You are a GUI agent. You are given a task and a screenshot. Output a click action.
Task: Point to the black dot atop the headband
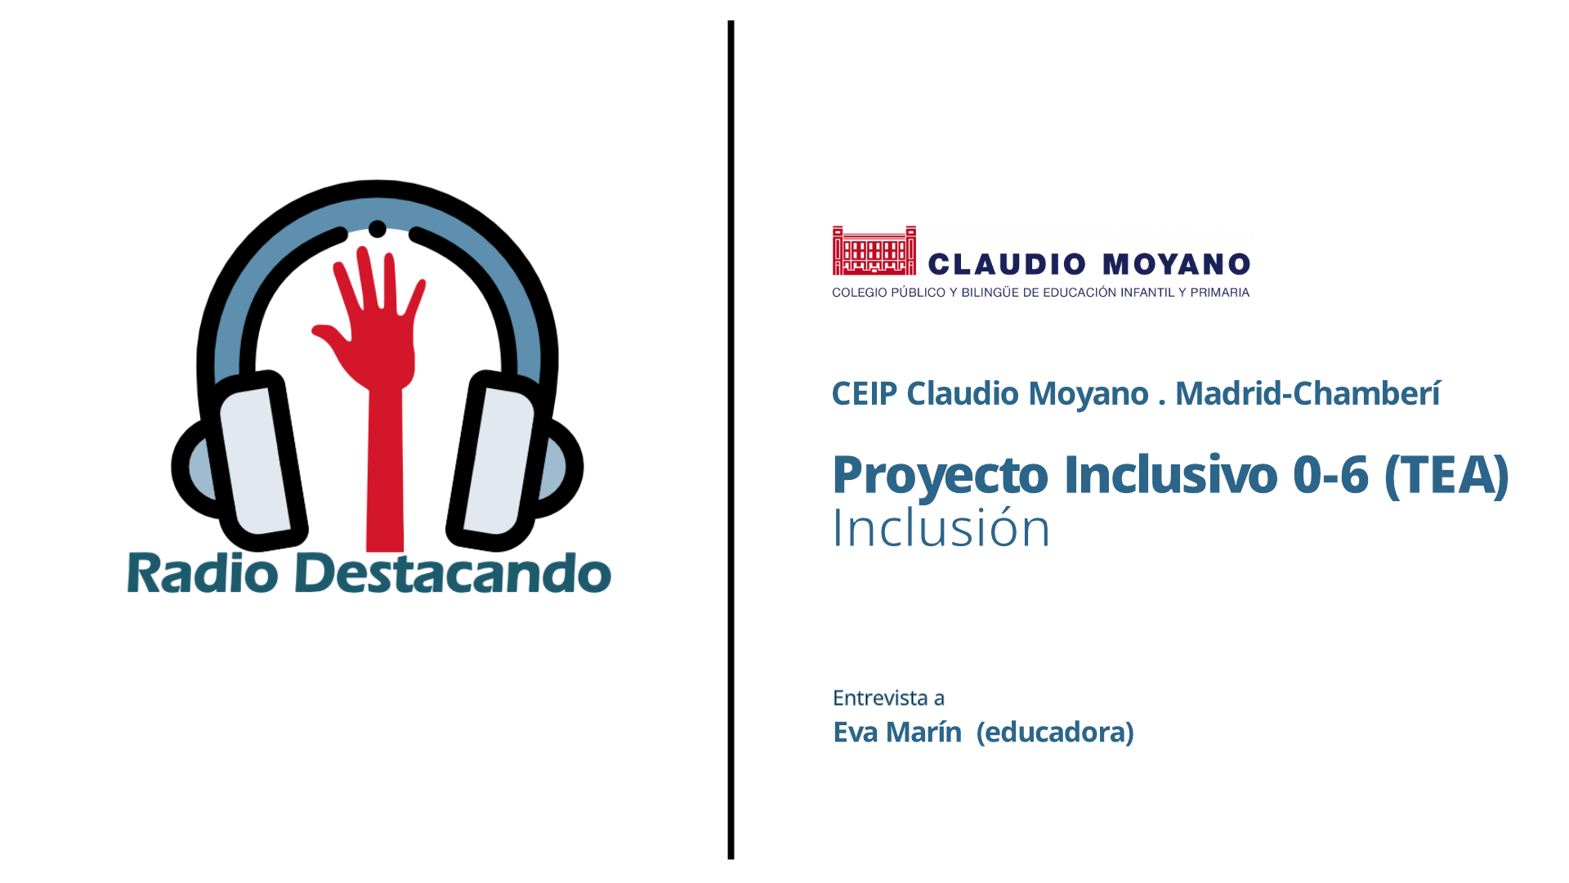(377, 229)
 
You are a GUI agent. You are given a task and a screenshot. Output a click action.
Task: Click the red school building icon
(874, 250)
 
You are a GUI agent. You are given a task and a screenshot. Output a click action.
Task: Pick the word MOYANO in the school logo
(1177, 264)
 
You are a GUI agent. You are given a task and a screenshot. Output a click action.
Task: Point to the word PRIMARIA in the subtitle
(1219, 293)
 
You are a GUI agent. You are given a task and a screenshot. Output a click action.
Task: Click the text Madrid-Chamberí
(1307, 393)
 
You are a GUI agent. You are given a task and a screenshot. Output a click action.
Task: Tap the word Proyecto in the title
(940, 476)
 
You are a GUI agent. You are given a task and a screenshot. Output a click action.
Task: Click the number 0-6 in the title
(1330, 475)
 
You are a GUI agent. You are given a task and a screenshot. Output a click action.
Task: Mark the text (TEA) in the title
(1446, 476)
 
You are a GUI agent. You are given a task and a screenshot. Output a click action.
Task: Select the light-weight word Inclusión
(941, 527)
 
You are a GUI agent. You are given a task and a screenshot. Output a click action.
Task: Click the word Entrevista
(880, 698)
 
